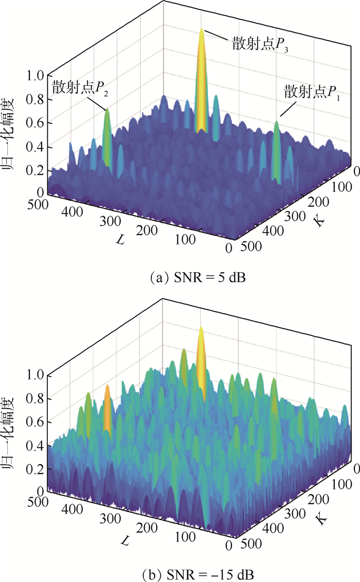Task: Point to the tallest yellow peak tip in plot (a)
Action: click(202, 29)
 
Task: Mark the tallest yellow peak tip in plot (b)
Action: click(201, 328)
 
